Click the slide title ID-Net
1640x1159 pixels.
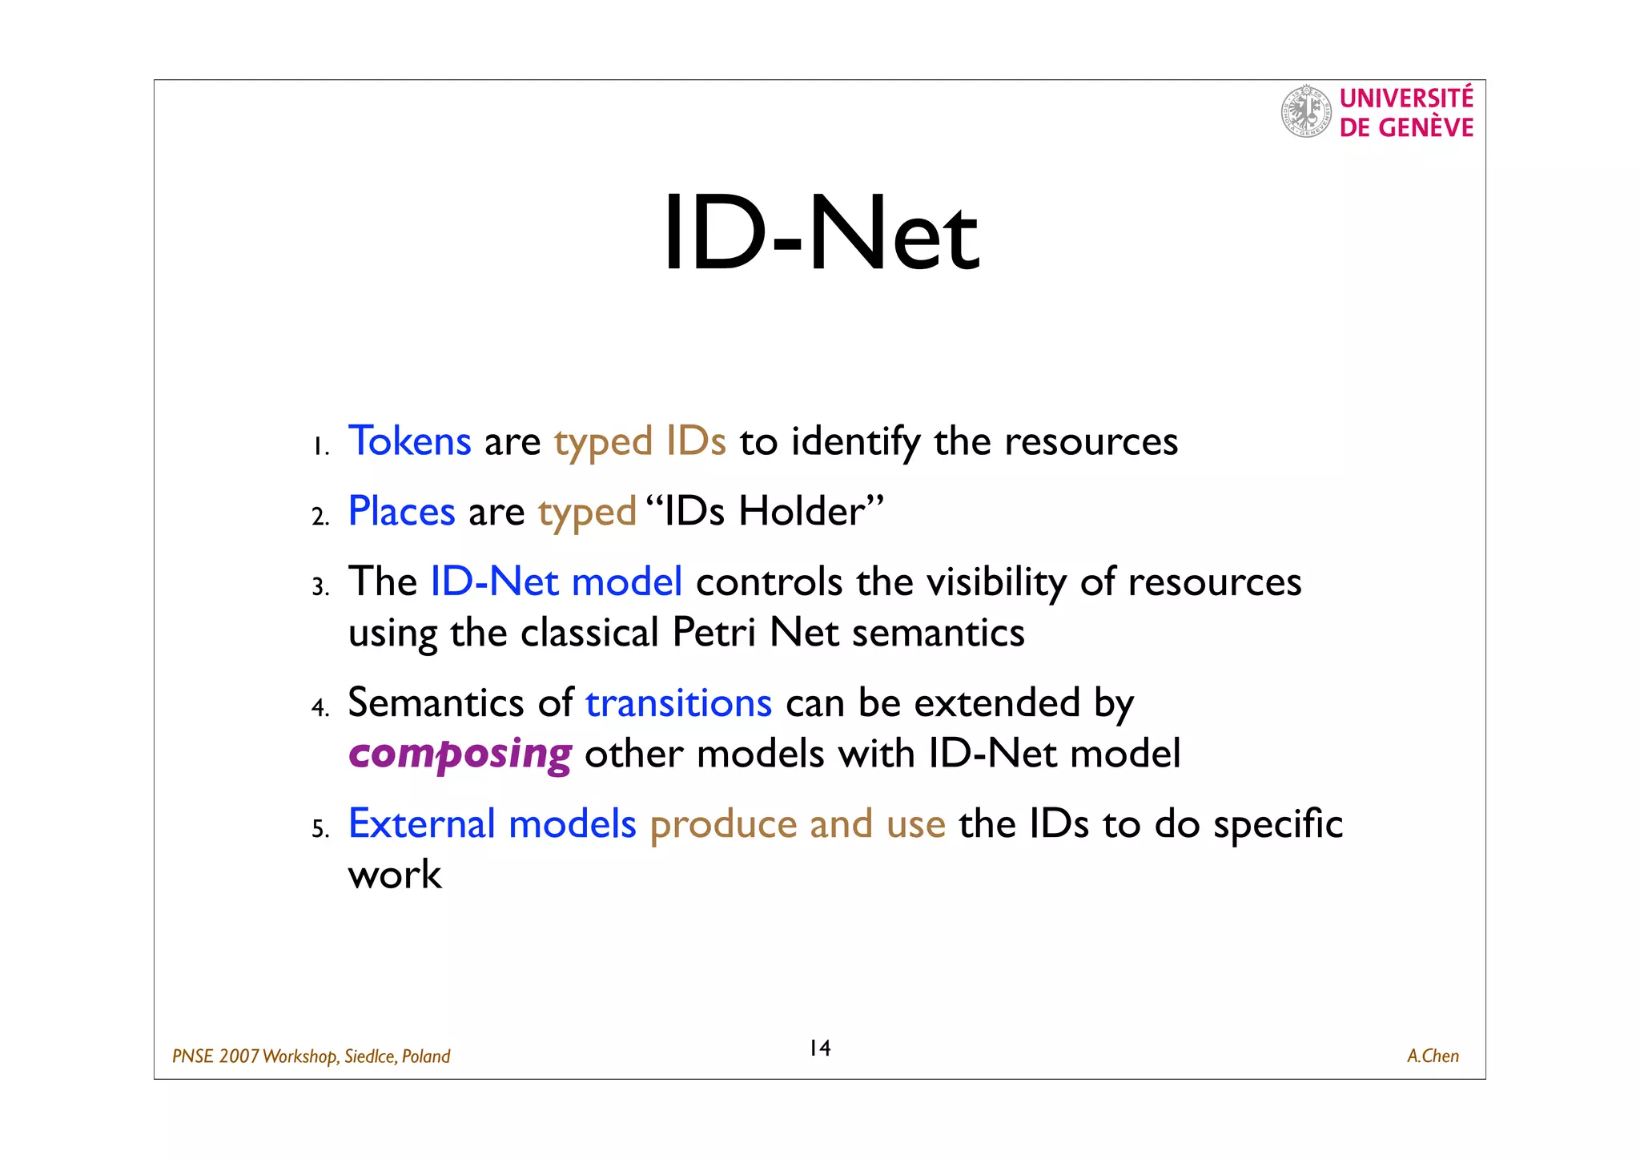pos(821,235)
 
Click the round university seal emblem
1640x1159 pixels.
pos(1305,112)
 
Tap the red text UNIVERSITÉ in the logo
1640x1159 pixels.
pos(1406,99)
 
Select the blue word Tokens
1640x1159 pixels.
pos(409,441)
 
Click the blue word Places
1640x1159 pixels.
pos(401,512)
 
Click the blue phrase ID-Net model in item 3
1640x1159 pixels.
pos(557,582)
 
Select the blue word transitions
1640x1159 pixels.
pos(678,703)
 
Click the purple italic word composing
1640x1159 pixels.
pos(460,755)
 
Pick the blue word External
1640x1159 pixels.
pos(422,824)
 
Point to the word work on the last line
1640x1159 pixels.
pos(395,875)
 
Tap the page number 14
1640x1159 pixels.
pos(820,1048)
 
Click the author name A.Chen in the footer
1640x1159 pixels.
pos(1433,1056)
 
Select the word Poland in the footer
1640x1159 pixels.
pos(426,1056)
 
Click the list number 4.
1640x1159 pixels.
pos(320,708)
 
